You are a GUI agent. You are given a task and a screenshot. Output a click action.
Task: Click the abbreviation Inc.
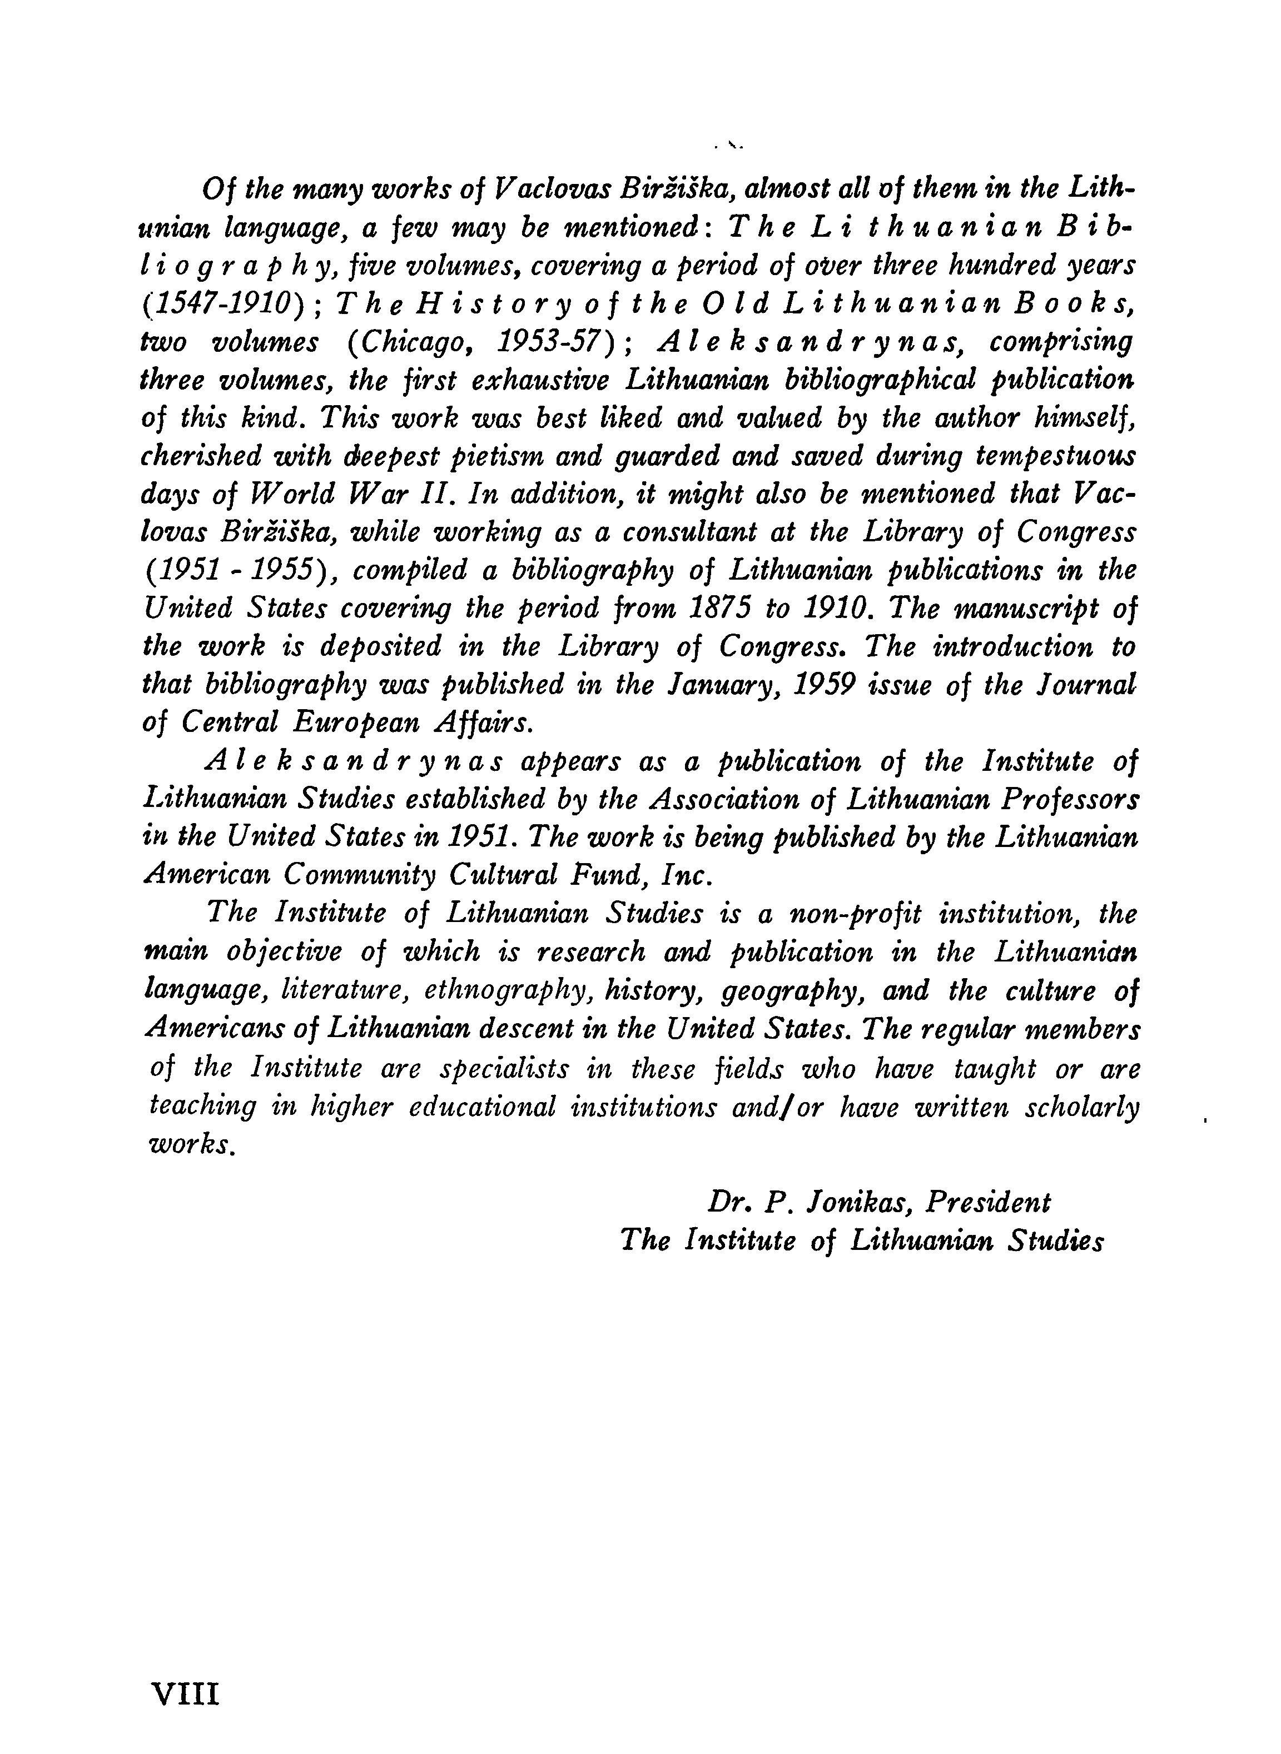[687, 876]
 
